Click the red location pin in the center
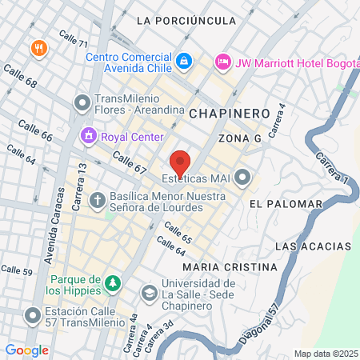180,162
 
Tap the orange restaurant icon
38,48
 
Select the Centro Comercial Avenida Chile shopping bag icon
184,60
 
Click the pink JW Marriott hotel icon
223,61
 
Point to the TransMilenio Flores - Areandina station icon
82,102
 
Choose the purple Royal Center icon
88,135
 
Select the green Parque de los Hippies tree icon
114,282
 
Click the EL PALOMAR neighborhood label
278,204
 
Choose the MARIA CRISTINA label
218,266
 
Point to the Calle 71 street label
73,38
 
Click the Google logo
26,350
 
